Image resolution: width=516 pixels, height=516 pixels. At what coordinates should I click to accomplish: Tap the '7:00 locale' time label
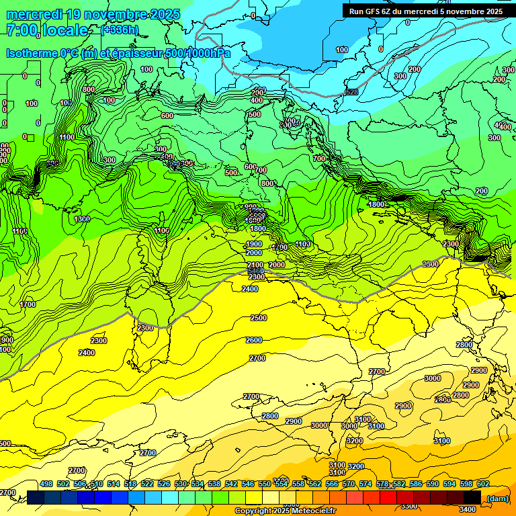[x=46, y=30]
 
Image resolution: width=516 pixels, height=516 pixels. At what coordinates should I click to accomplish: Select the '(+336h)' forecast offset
[x=120, y=30]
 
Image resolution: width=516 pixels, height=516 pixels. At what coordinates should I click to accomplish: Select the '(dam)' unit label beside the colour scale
[x=497, y=498]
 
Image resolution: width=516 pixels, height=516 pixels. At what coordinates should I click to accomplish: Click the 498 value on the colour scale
[x=46, y=484]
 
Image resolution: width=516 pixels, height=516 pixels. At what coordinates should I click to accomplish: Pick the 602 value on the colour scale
[x=482, y=484]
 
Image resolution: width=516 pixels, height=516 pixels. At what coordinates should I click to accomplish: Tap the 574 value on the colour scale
[x=365, y=484]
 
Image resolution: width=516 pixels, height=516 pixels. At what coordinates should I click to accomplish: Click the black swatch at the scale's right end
[x=472, y=497]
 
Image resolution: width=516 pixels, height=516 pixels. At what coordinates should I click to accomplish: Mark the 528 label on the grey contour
[x=351, y=92]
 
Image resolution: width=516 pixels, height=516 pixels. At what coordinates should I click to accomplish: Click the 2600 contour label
[x=255, y=340]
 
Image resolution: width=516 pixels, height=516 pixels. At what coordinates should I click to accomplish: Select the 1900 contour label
[x=254, y=244]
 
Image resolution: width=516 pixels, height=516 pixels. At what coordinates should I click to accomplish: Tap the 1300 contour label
[x=83, y=219]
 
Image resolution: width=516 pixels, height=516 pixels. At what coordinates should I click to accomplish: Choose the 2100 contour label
[x=255, y=266]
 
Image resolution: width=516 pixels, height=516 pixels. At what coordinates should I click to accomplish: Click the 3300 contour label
[x=407, y=506]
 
